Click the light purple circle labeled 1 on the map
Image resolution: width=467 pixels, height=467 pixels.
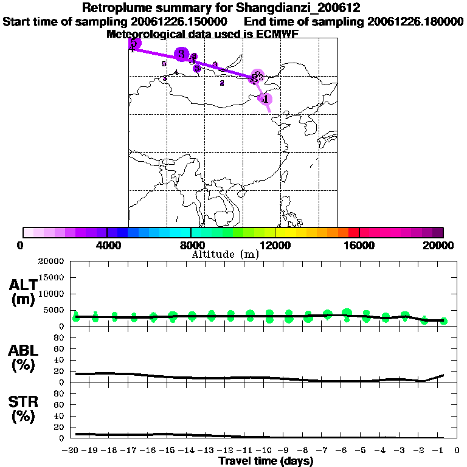(x=265, y=99)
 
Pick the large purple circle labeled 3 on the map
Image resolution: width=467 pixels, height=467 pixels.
(x=181, y=54)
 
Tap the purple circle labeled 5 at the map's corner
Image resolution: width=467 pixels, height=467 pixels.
(x=134, y=44)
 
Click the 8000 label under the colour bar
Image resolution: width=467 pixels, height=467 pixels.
(x=191, y=245)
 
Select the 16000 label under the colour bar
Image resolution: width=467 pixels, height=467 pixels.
(x=359, y=245)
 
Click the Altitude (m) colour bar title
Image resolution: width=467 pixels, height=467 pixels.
(x=226, y=254)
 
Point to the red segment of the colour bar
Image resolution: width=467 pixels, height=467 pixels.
(x=353, y=232)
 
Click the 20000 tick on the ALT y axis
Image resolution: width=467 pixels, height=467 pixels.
(x=52, y=261)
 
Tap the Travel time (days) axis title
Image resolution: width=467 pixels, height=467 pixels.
(x=266, y=461)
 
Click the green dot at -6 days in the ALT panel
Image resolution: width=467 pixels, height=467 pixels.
(x=347, y=314)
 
